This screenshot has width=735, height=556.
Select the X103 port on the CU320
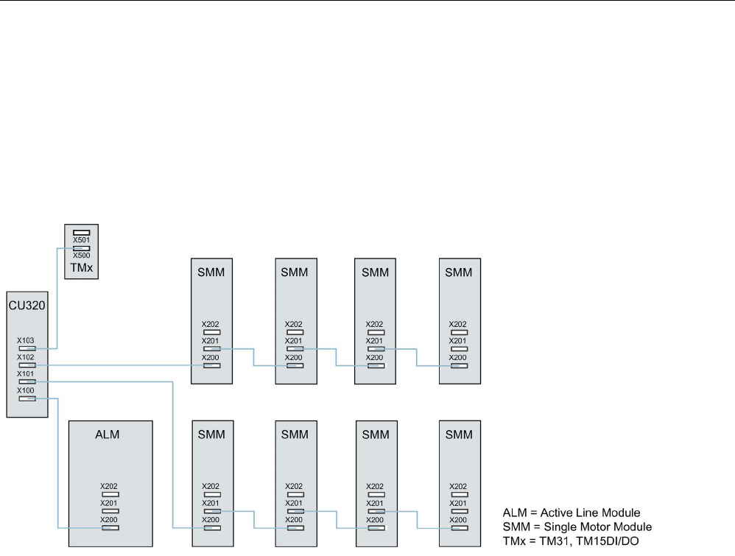coord(27,348)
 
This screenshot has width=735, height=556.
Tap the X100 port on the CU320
coord(27,398)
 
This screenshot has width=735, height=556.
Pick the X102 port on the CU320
coord(27,365)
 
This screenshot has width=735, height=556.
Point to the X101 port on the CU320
coord(27,381)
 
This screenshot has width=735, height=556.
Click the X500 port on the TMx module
coord(82,248)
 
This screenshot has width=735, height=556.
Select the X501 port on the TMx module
coord(82,233)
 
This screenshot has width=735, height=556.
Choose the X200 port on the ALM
coord(110,527)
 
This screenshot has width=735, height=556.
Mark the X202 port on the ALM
coord(110,494)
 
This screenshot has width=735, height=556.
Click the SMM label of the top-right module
coord(460,272)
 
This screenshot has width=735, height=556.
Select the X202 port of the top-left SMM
coord(212,332)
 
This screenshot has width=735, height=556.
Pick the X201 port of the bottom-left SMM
coord(212,510)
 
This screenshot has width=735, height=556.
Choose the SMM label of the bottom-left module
coord(212,434)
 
